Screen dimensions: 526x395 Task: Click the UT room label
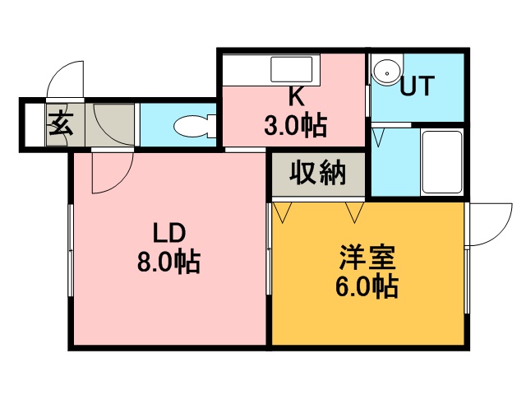pyautogui.click(x=418, y=86)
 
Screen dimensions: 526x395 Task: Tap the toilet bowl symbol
pyautogui.click(x=195, y=126)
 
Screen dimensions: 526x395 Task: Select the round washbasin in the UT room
pyautogui.click(x=387, y=73)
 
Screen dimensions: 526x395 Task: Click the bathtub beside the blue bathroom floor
pyautogui.click(x=442, y=161)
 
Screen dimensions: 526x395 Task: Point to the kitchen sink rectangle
pyautogui.click(x=292, y=69)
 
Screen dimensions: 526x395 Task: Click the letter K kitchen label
pyautogui.click(x=296, y=97)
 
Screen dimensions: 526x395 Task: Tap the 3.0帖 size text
pyautogui.click(x=295, y=125)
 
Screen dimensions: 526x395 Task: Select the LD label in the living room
pyautogui.click(x=169, y=233)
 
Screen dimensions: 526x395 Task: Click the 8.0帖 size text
pyautogui.click(x=168, y=261)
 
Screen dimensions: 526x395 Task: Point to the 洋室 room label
pyautogui.click(x=367, y=258)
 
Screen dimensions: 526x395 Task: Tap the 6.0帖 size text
pyautogui.click(x=367, y=286)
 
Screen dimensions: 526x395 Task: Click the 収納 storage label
pyautogui.click(x=318, y=174)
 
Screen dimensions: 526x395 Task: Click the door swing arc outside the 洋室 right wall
pyautogui.click(x=501, y=234)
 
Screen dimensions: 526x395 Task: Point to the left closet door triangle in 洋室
pyautogui.click(x=283, y=212)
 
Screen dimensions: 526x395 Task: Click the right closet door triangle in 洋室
pyautogui.click(x=355, y=212)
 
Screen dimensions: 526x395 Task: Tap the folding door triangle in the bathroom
pyautogui.click(x=378, y=137)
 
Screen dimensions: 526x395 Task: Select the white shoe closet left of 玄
pyautogui.click(x=35, y=125)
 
